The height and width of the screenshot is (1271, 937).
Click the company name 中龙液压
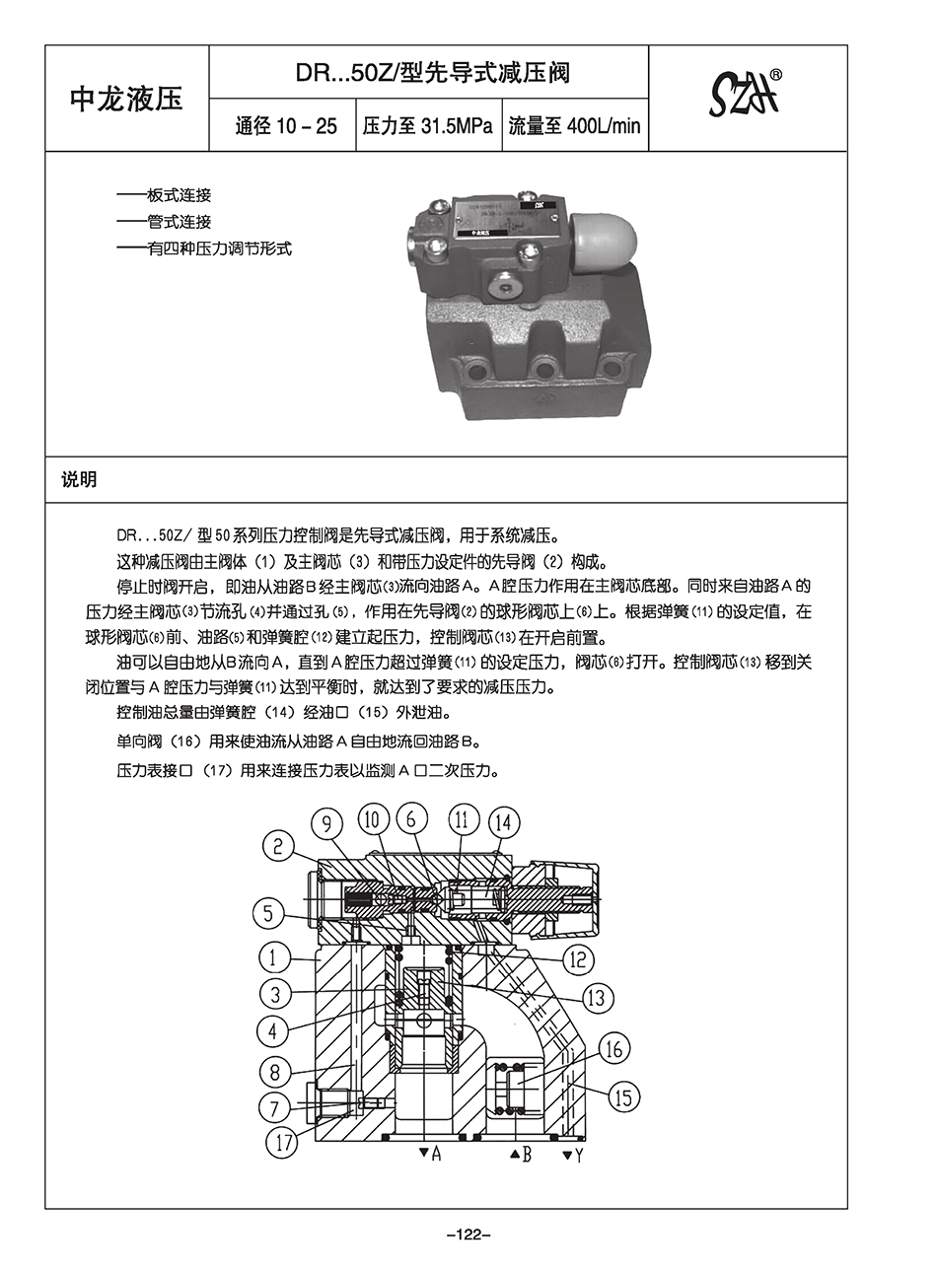(126, 99)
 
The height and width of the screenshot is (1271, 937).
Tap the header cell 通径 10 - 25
(285, 126)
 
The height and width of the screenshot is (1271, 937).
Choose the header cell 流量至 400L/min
(574, 126)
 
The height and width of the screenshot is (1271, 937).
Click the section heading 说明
(79, 480)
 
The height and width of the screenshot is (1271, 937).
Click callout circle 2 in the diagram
(279, 845)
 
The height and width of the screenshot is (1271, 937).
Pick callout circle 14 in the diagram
(503, 822)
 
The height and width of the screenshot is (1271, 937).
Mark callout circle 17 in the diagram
(284, 1143)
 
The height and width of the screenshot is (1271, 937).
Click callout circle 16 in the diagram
(613, 1048)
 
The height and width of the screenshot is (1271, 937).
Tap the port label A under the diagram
(435, 1153)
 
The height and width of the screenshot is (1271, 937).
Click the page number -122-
(468, 1234)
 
